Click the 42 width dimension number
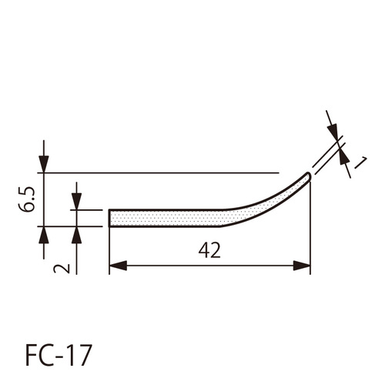click(209, 250)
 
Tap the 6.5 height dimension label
click(26, 199)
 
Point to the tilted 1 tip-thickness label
click(360, 162)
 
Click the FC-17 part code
click(59, 356)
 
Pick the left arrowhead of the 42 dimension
click(118, 266)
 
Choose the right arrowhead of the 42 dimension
click(302, 266)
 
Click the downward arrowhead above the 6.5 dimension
click(44, 164)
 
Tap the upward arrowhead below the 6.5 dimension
click(44, 235)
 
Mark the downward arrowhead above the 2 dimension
click(76, 202)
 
